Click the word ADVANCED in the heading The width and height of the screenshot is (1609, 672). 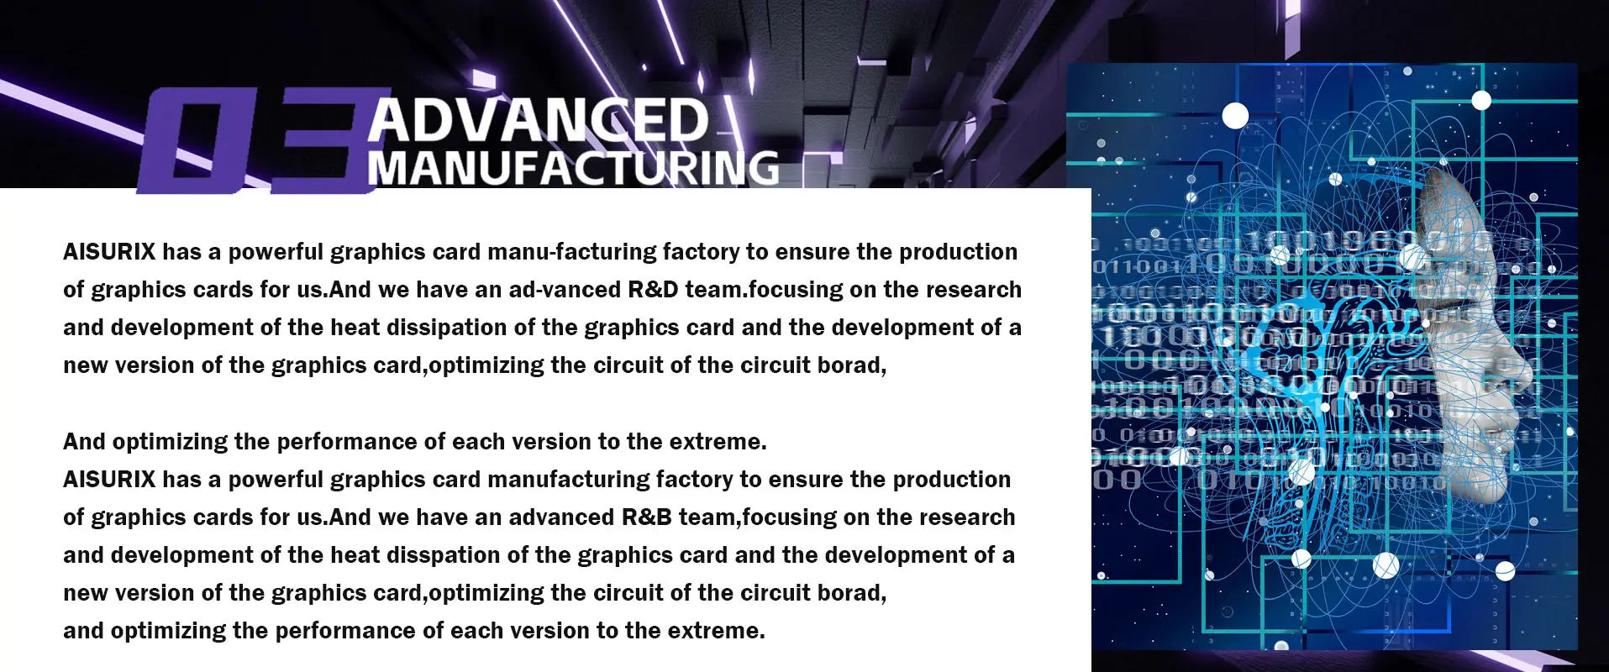[538, 119]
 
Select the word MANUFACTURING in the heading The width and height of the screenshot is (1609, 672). [573, 167]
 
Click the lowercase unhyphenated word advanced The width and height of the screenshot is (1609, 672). [561, 517]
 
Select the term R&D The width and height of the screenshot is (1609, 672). [653, 290]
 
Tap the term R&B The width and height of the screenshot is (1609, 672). [647, 517]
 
